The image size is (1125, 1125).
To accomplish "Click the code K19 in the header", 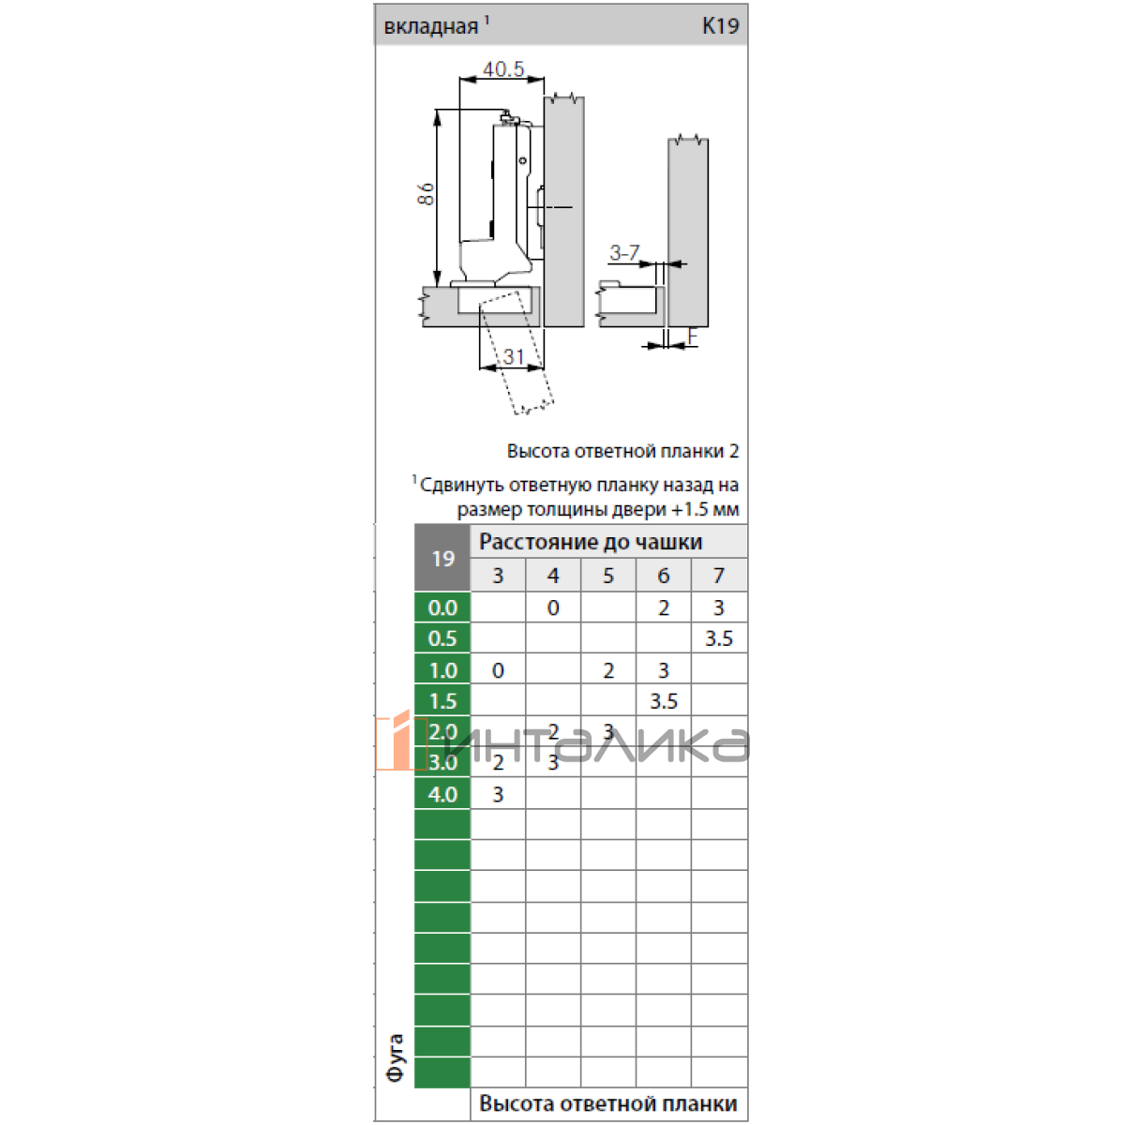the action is click(720, 25).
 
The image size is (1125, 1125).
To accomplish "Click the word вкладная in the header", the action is click(431, 27).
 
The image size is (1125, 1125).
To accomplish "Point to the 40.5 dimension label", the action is click(503, 68).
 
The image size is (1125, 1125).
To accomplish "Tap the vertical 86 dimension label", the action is click(427, 194).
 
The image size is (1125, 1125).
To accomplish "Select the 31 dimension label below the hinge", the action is click(514, 356).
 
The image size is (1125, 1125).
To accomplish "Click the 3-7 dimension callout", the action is click(624, 252).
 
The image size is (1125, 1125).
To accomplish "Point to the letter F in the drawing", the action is click(693, 337).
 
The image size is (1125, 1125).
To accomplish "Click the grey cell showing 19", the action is click(442, 558).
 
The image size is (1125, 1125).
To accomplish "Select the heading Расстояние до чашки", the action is click(591, 542).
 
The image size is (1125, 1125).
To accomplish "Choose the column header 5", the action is click(608, 576).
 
